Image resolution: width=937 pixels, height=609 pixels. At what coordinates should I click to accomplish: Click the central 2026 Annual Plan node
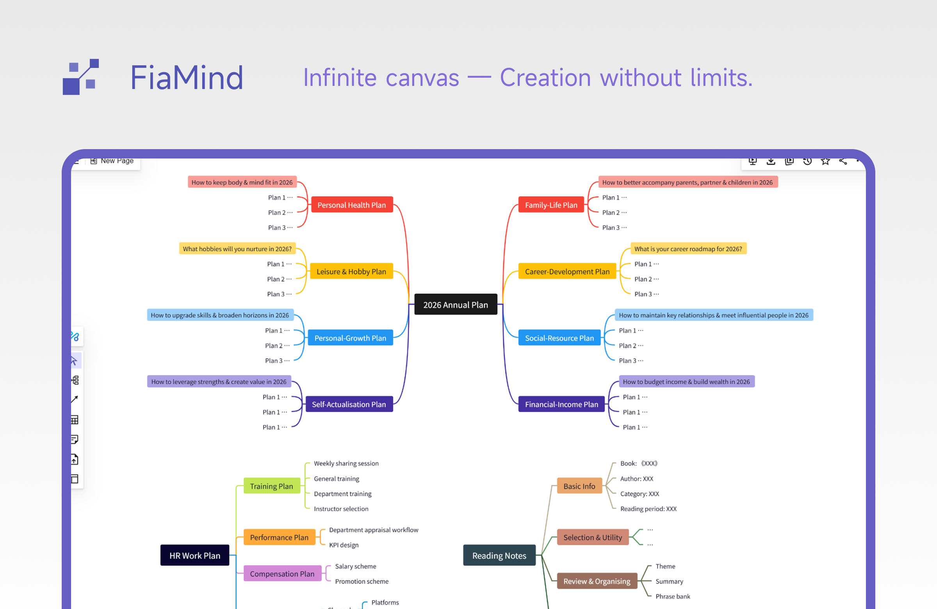click(x=456, y=305)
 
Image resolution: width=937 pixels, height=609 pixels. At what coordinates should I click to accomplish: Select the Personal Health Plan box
click(x=352, y=205)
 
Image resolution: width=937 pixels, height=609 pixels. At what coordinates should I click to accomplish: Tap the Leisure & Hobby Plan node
click(x=351, y=271)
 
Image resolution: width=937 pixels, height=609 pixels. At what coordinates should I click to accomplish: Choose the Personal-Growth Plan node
click(x=350, y=338)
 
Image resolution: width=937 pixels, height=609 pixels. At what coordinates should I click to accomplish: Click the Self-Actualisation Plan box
click(x=349, y=404)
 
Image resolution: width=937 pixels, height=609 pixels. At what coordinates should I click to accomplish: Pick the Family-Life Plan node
click(x=551, y=205)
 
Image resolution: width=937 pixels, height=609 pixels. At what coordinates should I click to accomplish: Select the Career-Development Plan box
click(x=567, y=271)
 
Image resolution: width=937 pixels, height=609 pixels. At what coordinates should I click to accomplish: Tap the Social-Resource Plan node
click(x=559, y=338)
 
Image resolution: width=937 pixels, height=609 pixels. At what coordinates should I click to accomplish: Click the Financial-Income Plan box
click(x=561, y=404)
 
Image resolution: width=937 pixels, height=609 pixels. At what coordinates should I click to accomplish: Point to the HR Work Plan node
click(x=194, y=556)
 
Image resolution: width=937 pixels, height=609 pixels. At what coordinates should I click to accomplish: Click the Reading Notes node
click(x=499, y=556)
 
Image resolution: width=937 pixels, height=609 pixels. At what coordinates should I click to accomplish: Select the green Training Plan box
click(x=271, y=486)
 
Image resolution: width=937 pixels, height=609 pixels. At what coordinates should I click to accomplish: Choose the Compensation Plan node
click(x=282, y=573)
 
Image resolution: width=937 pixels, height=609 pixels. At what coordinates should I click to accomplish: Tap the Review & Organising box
click(x=597, y=581)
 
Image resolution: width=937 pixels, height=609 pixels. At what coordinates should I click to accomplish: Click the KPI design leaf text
click(x=344, y=545)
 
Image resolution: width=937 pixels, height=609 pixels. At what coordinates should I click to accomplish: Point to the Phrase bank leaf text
click(x=672, y=597)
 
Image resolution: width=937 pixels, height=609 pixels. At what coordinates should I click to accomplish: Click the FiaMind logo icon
click(x=81, y=77)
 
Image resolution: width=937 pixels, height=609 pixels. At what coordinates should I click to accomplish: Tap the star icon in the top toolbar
click(x=825, y=161)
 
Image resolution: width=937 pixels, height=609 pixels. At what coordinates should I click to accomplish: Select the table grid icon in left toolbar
click(x=75, y=420)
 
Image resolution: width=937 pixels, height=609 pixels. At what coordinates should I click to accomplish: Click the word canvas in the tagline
click(x=422, y=78)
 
